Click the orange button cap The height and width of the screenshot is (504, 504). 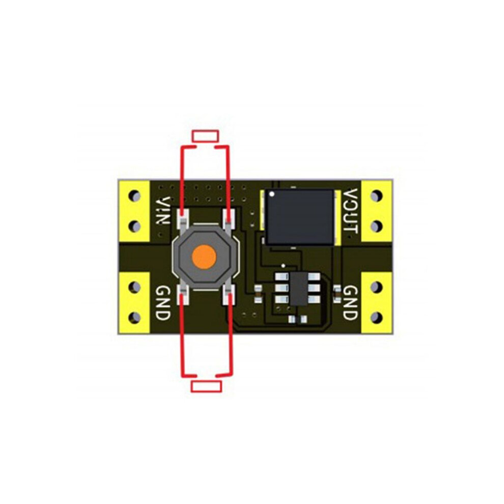pyautogui.click(x=204, y=257)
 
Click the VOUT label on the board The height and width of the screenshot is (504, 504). pyautogui.click(x=350, y=211)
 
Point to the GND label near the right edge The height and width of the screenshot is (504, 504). pyautogui.click(x=350, y=302)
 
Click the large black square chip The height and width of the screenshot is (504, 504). pyautogui.click(x=299, y=217)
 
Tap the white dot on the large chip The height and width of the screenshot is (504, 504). pyautogui.click(x=272, y=194)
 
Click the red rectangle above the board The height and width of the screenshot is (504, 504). pyautogui.click(x=205, y=136)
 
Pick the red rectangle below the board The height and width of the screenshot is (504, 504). pyautogui.click(x=206, y=386)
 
